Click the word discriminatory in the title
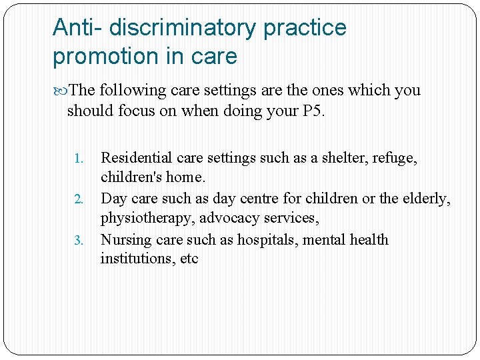(182, 28)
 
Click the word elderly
(426, 199)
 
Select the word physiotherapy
(144, 219)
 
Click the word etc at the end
(189, 259)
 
